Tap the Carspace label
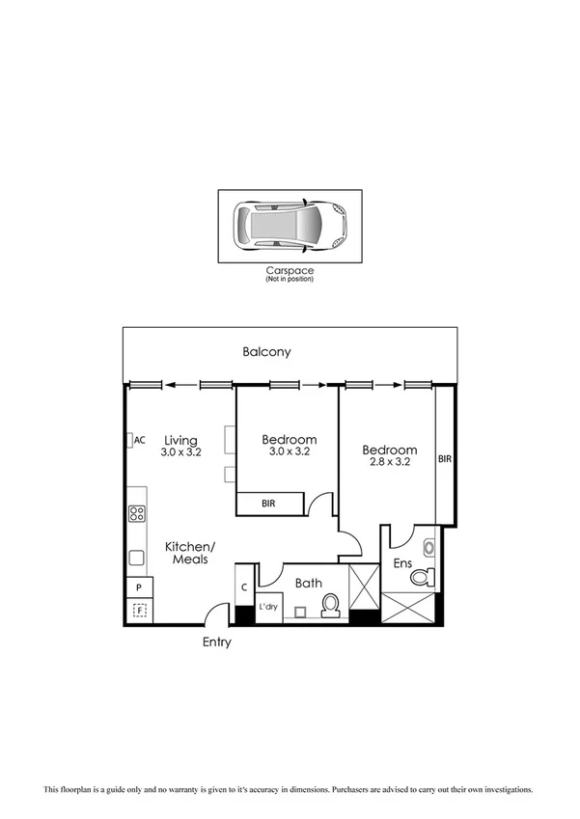[x=290, y=271]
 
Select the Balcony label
[x=266, y=352]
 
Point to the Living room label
[x=180, y=440]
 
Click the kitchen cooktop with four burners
[x=137, y=514]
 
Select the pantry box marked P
[x=139, y=587]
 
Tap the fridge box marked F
[x=139, y=610]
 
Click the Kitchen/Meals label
[x=190, y=553]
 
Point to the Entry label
[x=216, y=642]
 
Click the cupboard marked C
[x=244, y=586]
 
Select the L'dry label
[x=269, y=608]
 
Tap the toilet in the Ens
[x=422, y=578]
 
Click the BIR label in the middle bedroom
[x=270, y=504]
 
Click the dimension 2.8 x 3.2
[x=389, y=462]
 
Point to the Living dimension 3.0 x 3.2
[x=180, y=451]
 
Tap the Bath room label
[x=309, y=583]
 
